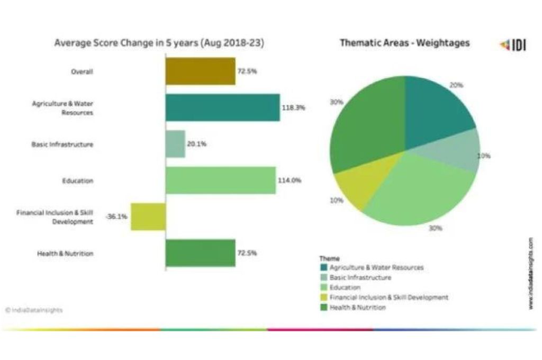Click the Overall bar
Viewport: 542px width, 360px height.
pyautogui.click(x=200, y=71)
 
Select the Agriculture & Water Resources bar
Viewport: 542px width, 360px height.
pyautogui.click(x=222, y=107)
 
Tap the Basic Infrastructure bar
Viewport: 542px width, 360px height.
pyautogui.click(x=175, y=144)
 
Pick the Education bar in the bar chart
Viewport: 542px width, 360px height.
pyautogui.click(x=220, y=181)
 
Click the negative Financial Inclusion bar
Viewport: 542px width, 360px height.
pyautogui.click(x=148, y=217)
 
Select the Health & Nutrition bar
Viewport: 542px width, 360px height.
pyautogui.click(x=200, y=253)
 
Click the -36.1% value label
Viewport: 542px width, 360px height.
pyautogui.click(x=116, y=217)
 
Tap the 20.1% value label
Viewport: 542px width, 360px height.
pyautogui.click(x=196, y=144)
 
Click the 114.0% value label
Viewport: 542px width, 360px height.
pyautogui.click(x=290, y=181)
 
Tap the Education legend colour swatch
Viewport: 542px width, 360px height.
pyautogui.click(x=323, y=287)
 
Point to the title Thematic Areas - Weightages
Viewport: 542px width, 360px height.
pyautogui.click(x=404, y=43)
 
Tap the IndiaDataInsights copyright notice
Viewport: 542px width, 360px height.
pyautogui.click(x=34, y=310)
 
